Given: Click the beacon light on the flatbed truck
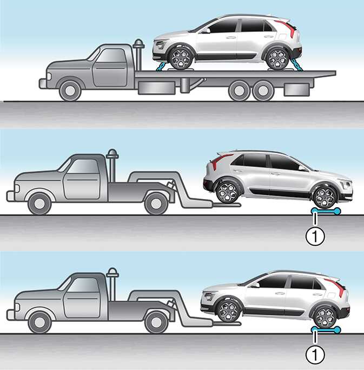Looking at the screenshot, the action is (x=138, y=44).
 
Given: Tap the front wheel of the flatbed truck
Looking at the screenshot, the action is (x=70, y=91).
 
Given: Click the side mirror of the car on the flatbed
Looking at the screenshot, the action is (x=206, y=31).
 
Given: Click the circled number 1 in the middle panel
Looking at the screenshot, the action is (x=315, y=236).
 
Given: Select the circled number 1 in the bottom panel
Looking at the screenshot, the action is (x=315, y=354).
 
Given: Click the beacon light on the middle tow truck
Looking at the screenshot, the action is (x=112, y=154).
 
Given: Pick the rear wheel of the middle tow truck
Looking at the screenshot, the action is (x=156, y=203).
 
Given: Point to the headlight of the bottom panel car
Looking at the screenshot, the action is (x=209, y=296).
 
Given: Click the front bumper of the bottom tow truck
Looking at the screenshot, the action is (x=10, y=315).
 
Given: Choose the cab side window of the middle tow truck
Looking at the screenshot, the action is (x=83, y=166).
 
